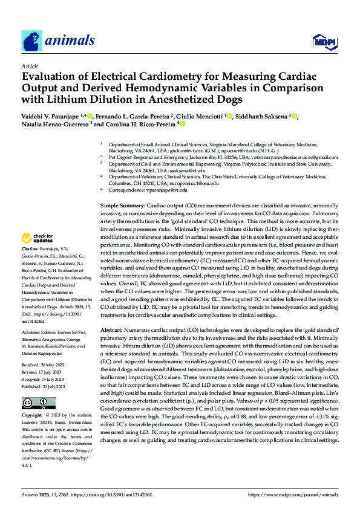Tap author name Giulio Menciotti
200,116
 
